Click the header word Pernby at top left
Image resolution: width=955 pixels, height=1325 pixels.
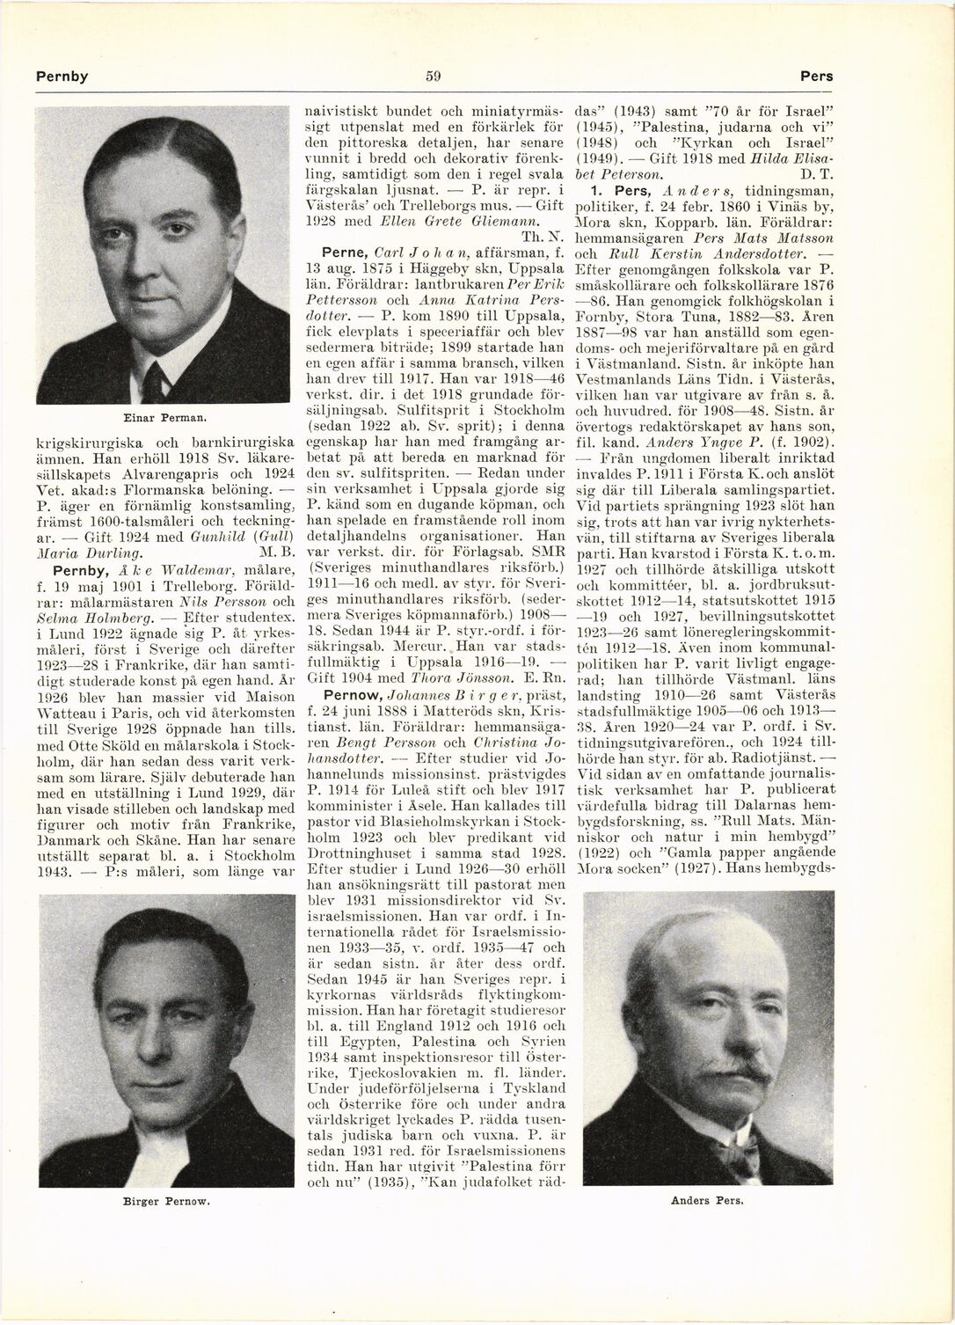pyautogui.click(x=62, y=76)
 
